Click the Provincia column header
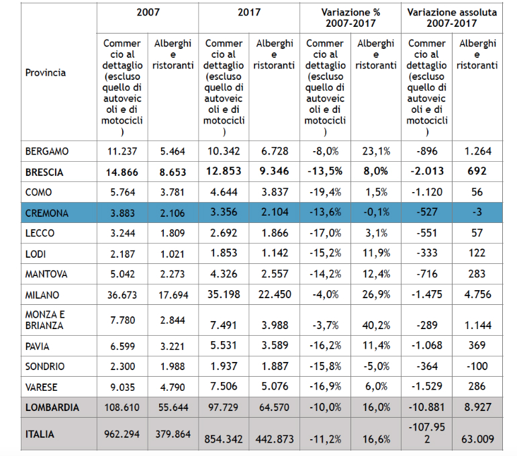coord(46,72)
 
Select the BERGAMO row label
coord(46,151)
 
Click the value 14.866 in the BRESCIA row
coord(121,172)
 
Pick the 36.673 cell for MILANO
coord(121,295)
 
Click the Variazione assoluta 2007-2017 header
coord(452,17)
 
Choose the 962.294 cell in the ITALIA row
coord(121,435)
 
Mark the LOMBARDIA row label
coord(52,408)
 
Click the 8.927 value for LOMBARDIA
coord(477,408)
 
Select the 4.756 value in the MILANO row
coord(477,295)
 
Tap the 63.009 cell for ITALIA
coord(477,440)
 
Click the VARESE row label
coord(43,387)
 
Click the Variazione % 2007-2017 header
coord(350,17)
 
